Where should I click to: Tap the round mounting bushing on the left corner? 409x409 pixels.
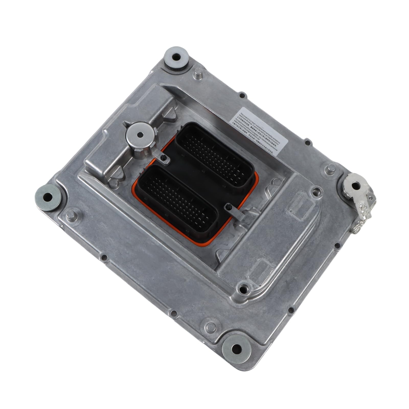pos(48,197)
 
